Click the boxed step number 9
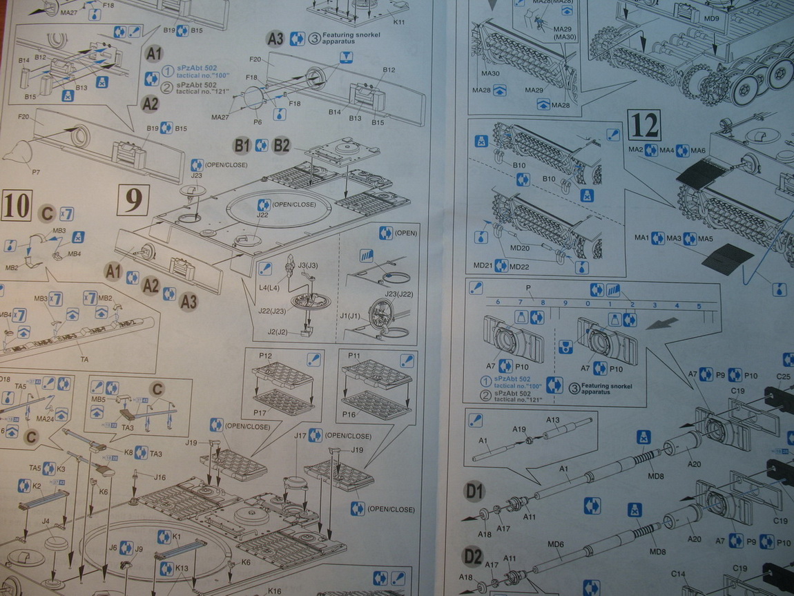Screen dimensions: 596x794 pos(133,200)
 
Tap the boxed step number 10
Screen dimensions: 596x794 pos(16,206)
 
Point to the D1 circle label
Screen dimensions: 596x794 pos(473,492)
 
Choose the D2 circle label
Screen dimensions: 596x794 pos(473,555)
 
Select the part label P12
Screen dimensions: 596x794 pos(264,356)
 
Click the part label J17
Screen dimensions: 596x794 pos(300,436)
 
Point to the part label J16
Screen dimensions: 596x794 pos(159,477)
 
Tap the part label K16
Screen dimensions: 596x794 pos(274,591)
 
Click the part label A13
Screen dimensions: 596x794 pos(553,420)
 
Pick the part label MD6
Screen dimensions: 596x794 pos(556,545)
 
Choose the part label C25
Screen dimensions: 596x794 pos(783,376)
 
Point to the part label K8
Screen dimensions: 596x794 pos(128,453)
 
